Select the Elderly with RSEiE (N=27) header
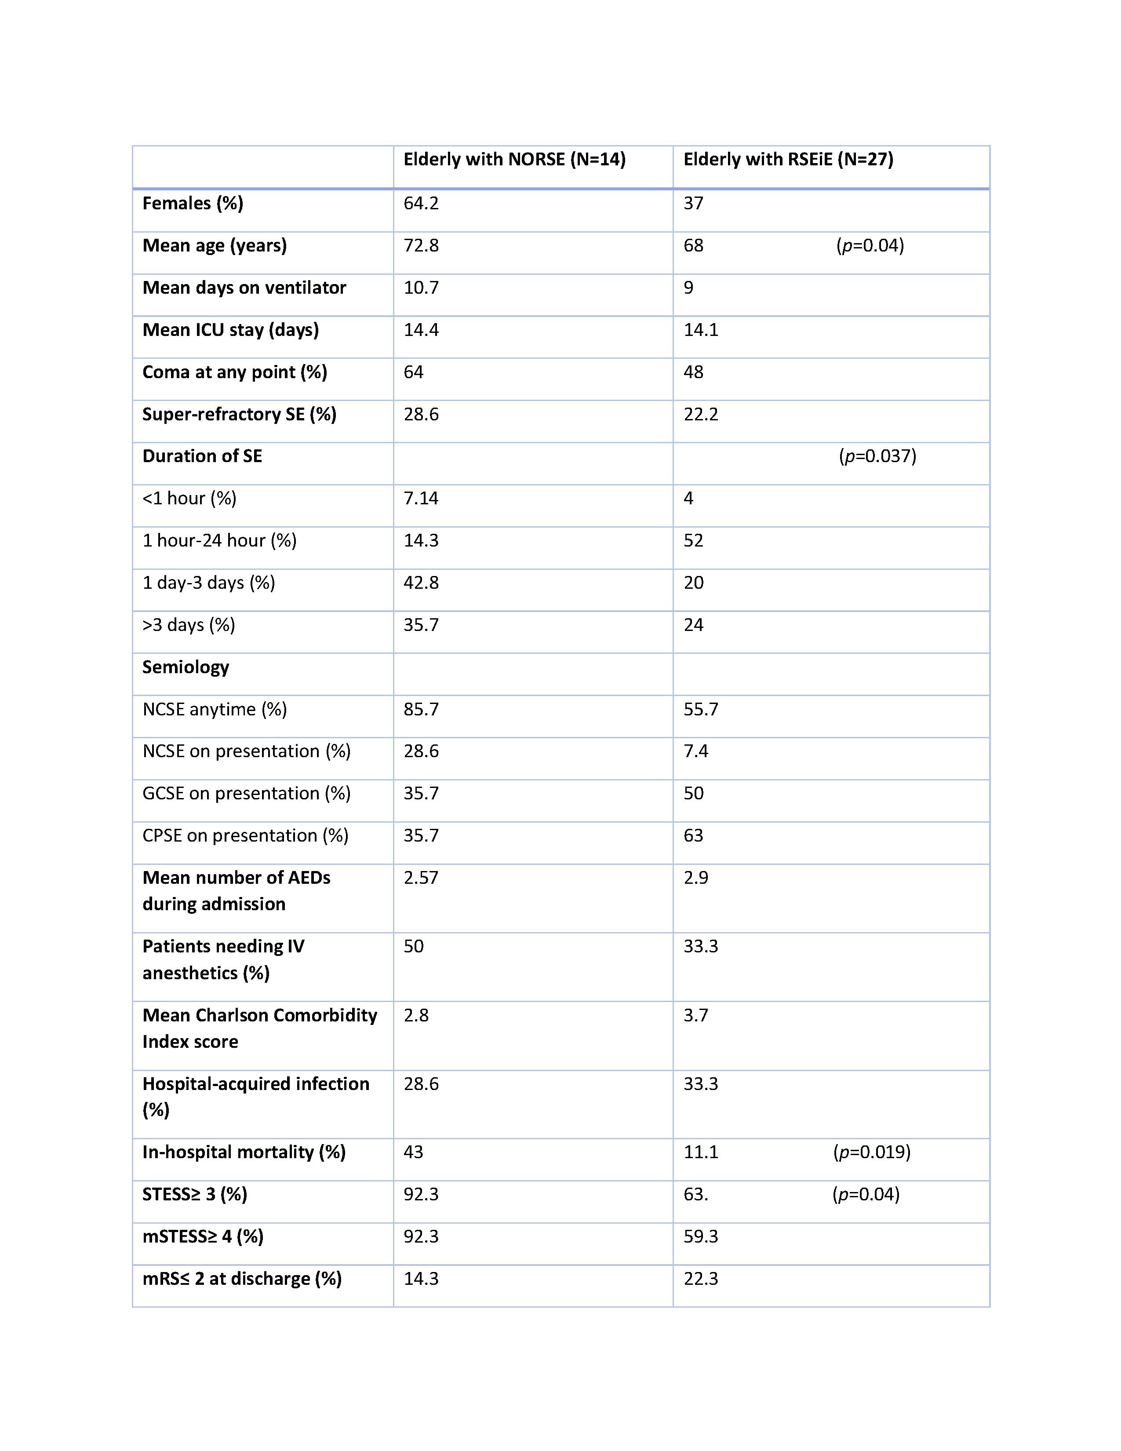[x=788, y=160]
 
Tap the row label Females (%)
[x=193, y=203]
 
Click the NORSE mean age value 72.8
[x=421, y=245]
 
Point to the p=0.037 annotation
[x=877, y=456]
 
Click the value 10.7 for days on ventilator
[x=421, y=288]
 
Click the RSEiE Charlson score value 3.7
[x=696, y=1015]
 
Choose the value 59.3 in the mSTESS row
[x=701, y=1236]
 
